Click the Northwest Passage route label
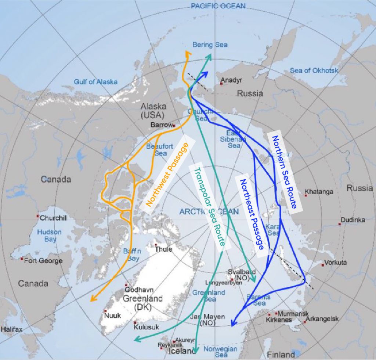[167, 174]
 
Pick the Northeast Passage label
[252, 214]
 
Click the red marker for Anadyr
[222, 84]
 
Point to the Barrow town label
[161, 125]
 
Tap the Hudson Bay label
[49, 236]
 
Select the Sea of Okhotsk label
[314, 70]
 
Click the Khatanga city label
[321, 192]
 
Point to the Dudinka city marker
[339, 224]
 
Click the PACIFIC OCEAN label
[218, 6]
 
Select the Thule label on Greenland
[164, 249]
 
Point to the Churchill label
[54, 218]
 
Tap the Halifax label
[11, 329]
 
